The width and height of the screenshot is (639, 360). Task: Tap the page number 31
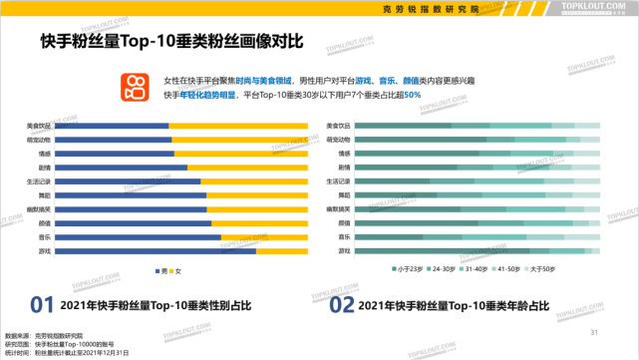(x=594, y=332)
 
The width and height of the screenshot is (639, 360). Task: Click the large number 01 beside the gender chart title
(x=41, y=304)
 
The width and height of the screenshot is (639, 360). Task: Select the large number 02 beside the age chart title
(x=342, y=304)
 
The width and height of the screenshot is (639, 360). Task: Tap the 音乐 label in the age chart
(x=343, y=238)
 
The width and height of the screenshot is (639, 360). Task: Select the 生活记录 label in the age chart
(x=339, y=181)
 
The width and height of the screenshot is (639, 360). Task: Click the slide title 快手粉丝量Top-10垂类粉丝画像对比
(x=171, y=42)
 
